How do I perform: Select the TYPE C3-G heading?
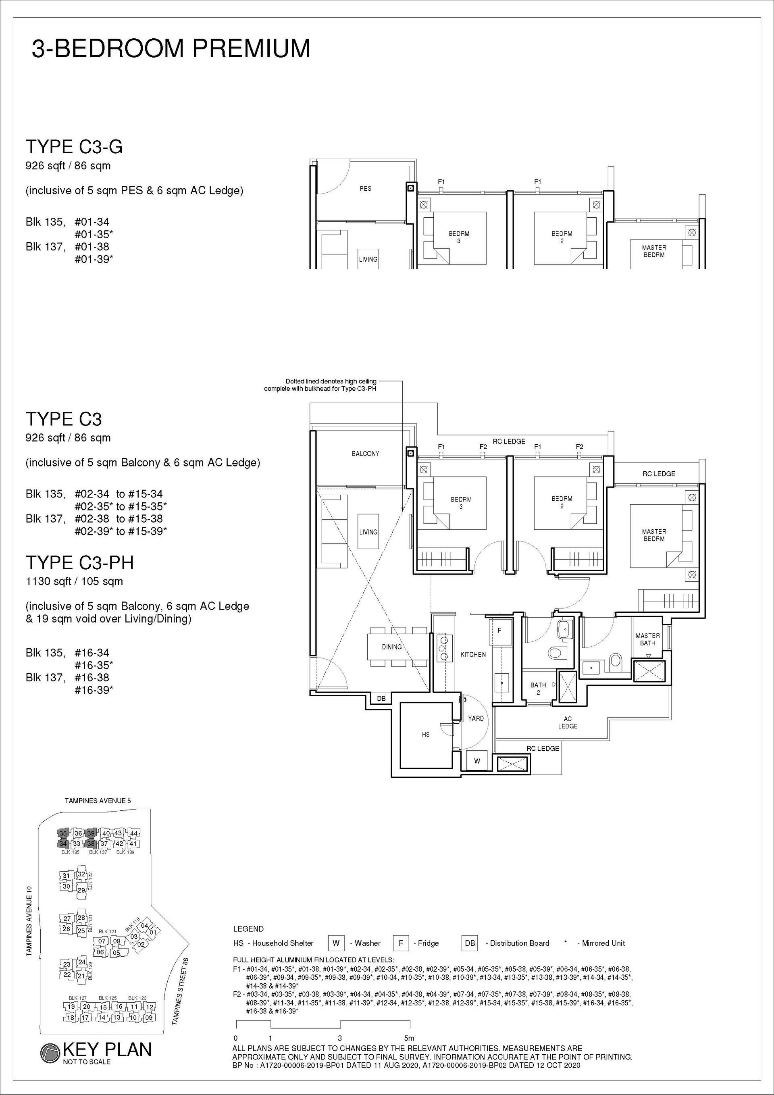(74, 146)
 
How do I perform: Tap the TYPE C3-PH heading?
(80, 562)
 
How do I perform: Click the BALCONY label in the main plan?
(365, 454)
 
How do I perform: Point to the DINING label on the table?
(391, 647)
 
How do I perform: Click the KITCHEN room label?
(473, 655)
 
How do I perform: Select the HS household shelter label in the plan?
(425, 735)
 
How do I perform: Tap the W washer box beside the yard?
(477, 761)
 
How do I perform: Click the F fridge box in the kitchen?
(499, 631)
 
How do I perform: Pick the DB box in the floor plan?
(381, 699)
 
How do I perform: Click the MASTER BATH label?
(648, 639)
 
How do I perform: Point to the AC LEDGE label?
(568, 722)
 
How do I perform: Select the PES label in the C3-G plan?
(365, 188)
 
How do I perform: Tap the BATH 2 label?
(539, 689)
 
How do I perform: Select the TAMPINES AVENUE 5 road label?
(98, 801)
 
